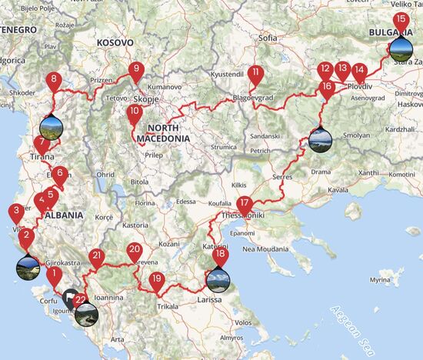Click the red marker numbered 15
point(400,21)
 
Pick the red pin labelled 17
point(245,205)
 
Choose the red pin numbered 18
point(221,255)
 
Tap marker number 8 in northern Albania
point(53,80)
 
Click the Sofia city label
point(268,37)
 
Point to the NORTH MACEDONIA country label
point(163,132)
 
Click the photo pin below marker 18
point(218,278)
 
